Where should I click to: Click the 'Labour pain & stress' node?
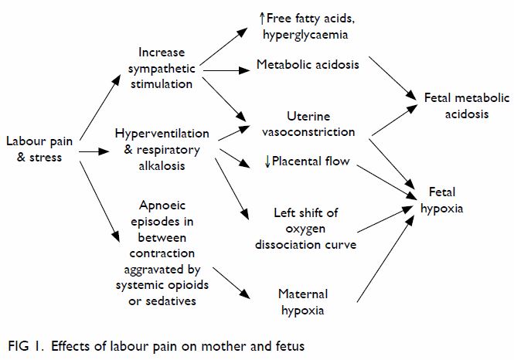(39, 149)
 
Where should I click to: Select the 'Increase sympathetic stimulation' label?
(162, 68)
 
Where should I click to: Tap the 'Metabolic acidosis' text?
(308, 65)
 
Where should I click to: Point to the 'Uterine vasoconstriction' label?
(308, 124)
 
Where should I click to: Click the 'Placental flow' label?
(311, 161)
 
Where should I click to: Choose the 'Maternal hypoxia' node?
(303, 302)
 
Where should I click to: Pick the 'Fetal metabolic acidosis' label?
(467, 106)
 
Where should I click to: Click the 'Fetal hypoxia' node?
(442, 200)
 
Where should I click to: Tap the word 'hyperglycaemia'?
(305, 35)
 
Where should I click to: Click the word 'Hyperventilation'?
(162, 134)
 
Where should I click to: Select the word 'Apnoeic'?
(162, 205)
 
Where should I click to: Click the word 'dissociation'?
(283, 245)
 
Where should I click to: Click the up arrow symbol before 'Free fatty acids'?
(262, 19)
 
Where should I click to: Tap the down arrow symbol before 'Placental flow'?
(267, 161)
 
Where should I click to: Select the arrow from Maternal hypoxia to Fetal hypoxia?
(385, 259)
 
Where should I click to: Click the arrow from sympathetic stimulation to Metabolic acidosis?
(226, 70)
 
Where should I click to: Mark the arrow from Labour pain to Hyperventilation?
(94, 151)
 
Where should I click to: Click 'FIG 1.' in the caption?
(26, 346)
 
